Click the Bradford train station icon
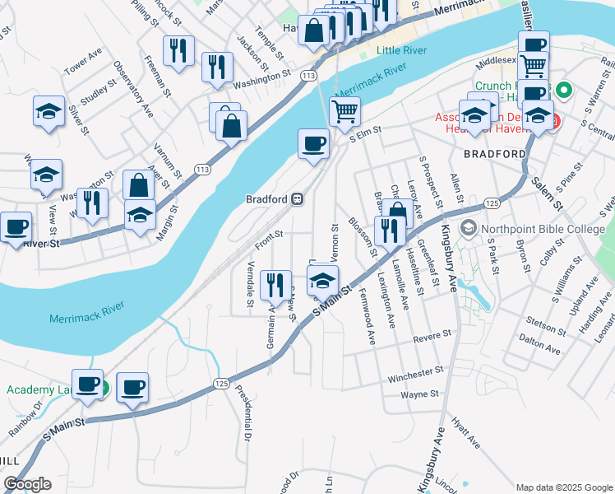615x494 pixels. [297, 199]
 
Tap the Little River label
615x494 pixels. [401, 50]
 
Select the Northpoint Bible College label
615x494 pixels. [543, 229]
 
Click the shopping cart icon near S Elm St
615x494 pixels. [345, 111]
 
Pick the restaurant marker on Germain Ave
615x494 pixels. [275, 285]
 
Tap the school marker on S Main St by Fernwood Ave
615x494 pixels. [323, 282]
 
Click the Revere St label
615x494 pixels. [432, 335]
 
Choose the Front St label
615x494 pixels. [269, 239]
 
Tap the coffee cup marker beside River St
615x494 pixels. [15, 227]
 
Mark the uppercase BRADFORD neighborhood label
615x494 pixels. [494, 154]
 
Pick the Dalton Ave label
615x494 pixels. [540, 350]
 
